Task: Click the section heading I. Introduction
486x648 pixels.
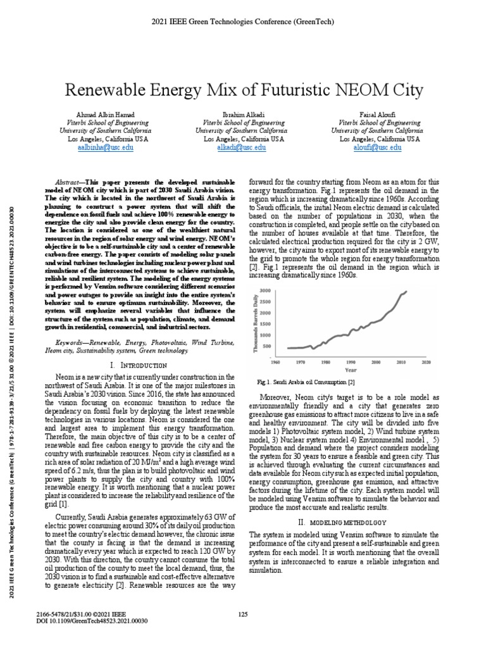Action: (139, 366)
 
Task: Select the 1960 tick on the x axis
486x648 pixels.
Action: (275, 362)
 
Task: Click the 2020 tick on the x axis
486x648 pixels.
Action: (426, 362)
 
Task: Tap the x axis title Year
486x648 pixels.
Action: (351, 370)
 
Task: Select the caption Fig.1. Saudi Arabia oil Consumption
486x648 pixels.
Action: (306, 383)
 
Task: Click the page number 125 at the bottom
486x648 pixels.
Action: (243, 614)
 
